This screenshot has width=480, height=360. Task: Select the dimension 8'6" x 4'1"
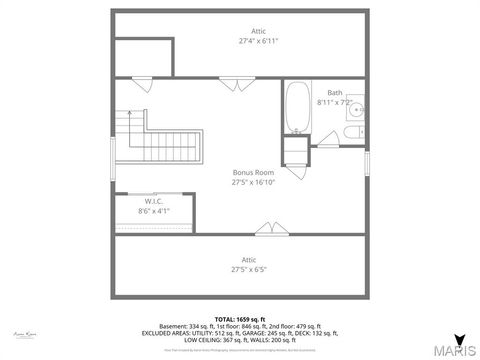click(x=153, y=211)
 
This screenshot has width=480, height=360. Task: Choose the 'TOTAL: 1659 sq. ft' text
click(x=240, y=318)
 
